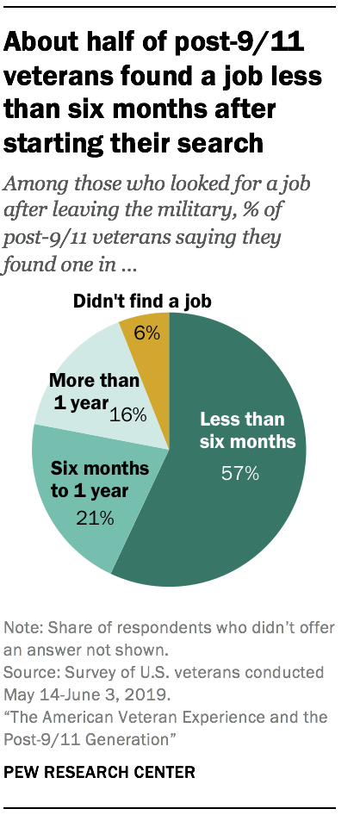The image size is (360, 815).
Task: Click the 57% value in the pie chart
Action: (x=247, y=475)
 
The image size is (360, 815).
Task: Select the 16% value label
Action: (x=128, y=414)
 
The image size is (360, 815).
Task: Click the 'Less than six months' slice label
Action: (x=247, y=432)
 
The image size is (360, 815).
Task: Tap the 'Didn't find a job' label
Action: (x=142, y=302)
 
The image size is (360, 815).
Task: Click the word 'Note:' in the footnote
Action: (x=22, y=626)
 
